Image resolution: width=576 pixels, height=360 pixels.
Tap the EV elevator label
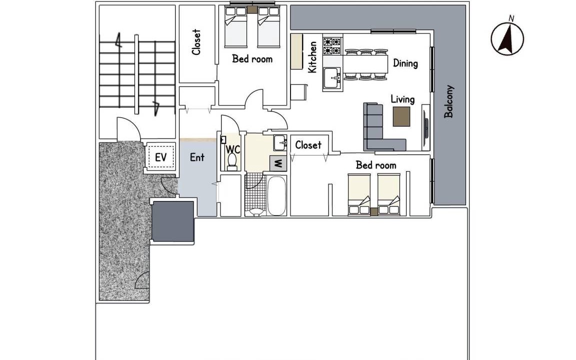tap(160, 157)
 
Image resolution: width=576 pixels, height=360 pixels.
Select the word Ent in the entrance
tap(197, 157)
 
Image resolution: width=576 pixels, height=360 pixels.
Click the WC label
tap(233, 149)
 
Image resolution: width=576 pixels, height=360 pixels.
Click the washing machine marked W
tap(278, 163)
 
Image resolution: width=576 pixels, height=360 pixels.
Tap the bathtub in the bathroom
tap(276, 196)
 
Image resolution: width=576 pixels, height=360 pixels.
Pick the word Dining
tap(405, 63)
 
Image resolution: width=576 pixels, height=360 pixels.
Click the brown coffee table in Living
tap(401, 116)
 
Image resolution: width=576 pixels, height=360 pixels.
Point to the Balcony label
tap(448, 102)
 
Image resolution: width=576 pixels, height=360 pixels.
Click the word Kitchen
tap(312, 57)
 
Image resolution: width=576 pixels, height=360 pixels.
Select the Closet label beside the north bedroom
tap(196, 42)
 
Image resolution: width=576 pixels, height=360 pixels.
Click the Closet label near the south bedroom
tap(308, 145)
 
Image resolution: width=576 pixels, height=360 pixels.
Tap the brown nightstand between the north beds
tap(252, 10)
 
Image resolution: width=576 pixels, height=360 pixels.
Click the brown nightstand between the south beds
tap(374, 212)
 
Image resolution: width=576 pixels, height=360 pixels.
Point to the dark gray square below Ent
tap(172, 221)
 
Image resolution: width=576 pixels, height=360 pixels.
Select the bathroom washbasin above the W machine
tap(280, 142)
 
